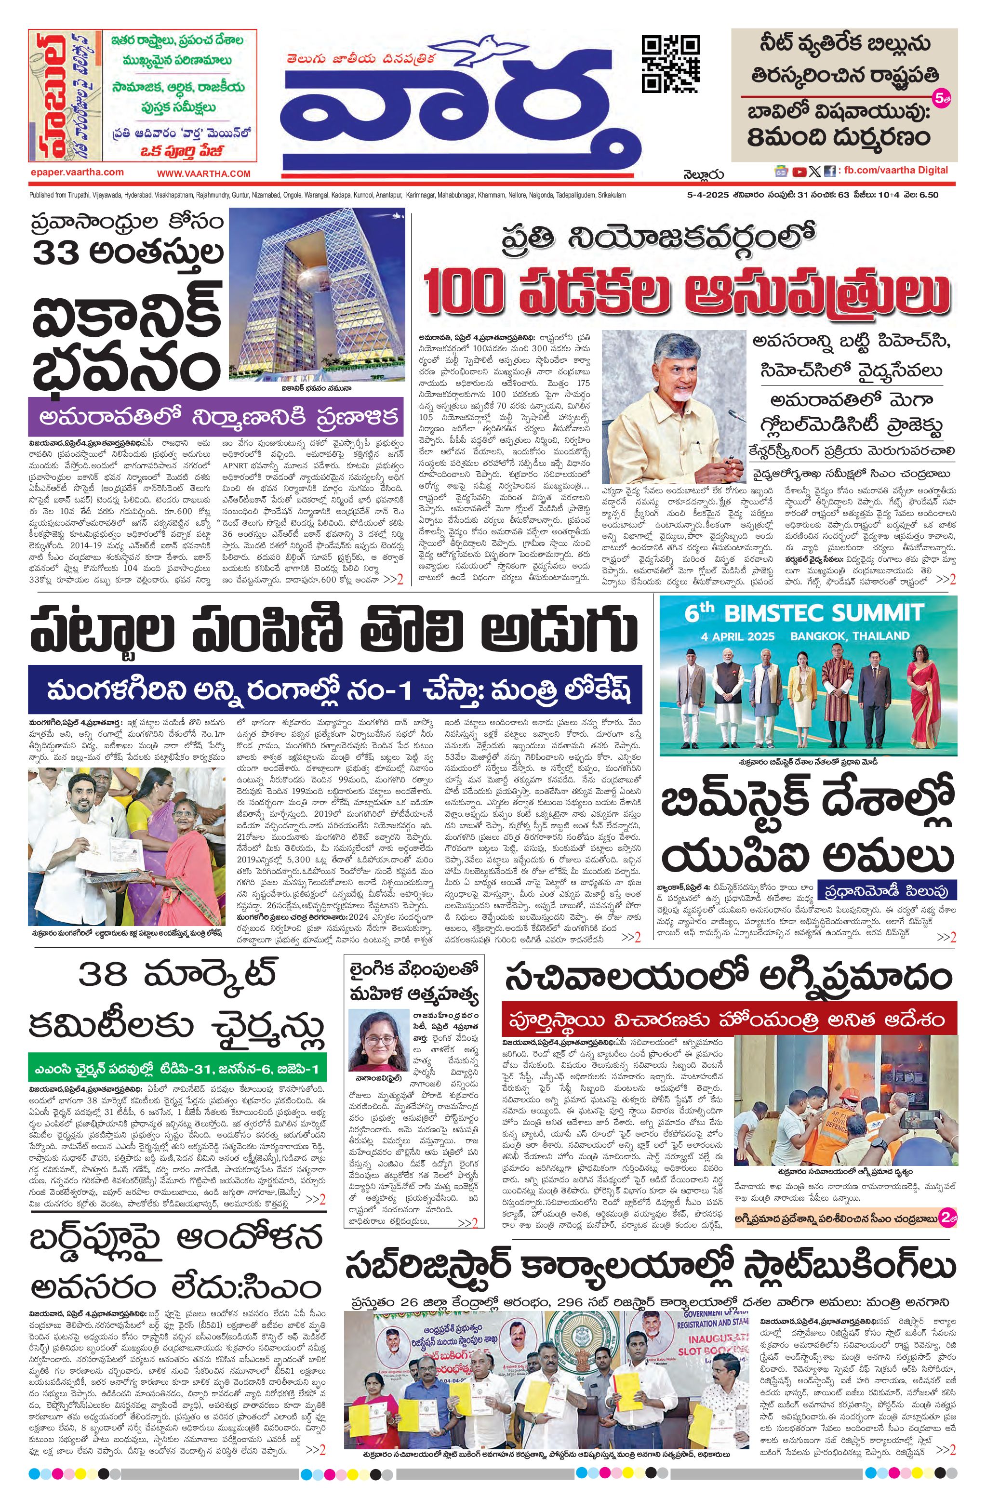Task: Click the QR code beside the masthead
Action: coord(671,64)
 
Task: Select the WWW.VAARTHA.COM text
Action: coord(204,173)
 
